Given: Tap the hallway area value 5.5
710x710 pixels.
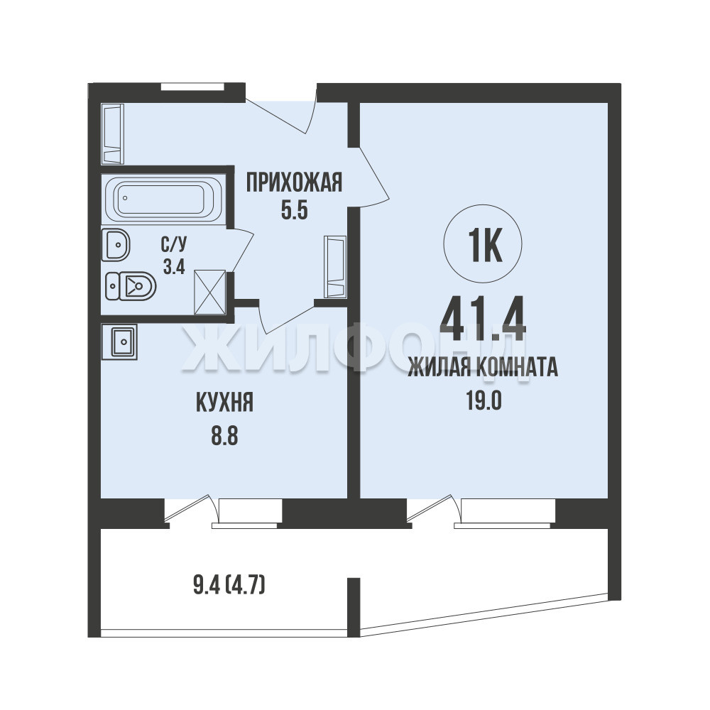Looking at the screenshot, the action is pyautogui.click(x=295, y=210).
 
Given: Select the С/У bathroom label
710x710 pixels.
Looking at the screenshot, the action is pyautogui.click(x=174, y=245).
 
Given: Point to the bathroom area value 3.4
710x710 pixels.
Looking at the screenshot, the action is pyautogui.click(x=174, y=267).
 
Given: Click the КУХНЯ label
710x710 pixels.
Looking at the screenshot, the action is pyautogui.click(x=224, y=403).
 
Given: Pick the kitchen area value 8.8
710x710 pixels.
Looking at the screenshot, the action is pyautogui.click(x=224, y=437).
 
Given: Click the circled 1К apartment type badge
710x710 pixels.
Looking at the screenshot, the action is pyautogui.click(x=483, y=244).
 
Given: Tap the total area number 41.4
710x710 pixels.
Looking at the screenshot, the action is pyautogui.click(x=483, y=319).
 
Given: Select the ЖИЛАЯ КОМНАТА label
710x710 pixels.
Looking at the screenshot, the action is pyautogui.click(x=483, y=367).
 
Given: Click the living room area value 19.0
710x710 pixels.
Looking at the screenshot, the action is pyautogui.click(x=484, y=400).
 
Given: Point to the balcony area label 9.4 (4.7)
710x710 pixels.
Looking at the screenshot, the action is pyautogui.click(x=229, y=586).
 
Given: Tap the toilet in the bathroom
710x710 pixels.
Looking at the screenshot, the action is pyautogui.click(x=131, y=285).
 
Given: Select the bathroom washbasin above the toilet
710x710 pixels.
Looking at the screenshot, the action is pyautogui.click(x=116, y=245).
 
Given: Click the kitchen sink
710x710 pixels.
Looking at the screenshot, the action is pyautogui.click(x=119, y=342).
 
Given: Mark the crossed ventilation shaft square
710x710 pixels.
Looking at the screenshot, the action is pyautogui.click(x=209, y=292).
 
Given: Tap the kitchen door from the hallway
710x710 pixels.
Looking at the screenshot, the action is pyautogui.click(x=286, y=317).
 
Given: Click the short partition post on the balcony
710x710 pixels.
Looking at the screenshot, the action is pyautogui.click(x=354, y=607).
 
